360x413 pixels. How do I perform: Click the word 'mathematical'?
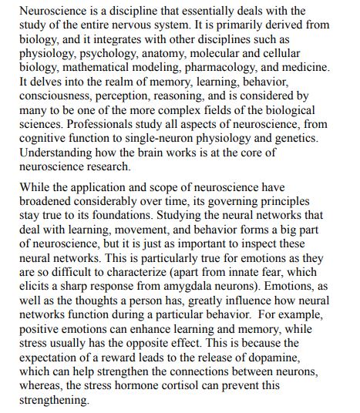[89, 66]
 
